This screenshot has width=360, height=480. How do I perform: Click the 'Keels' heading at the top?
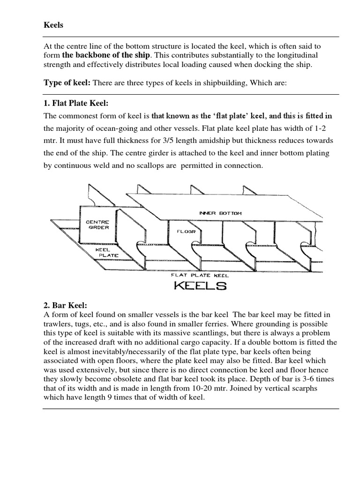[53, 25]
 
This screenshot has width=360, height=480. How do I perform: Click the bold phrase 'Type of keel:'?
[67, 83]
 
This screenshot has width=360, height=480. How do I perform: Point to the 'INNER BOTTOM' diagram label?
[221, 213]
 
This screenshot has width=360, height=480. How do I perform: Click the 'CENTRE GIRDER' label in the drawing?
[97, 225]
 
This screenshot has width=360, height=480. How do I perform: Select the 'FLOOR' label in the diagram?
[186, 231]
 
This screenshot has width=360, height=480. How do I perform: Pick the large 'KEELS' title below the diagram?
[200, 285]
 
